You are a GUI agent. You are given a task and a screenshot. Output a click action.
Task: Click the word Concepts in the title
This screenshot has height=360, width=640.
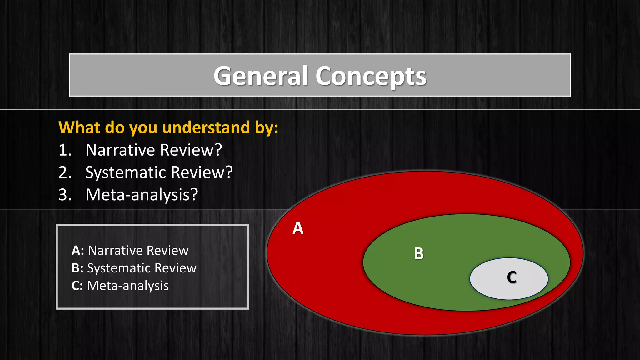pos(371,77)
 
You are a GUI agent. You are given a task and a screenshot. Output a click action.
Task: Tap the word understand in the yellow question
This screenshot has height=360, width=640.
pos(206,127)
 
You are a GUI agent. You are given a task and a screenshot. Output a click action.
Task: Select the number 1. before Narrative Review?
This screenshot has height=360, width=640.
pos(65,150)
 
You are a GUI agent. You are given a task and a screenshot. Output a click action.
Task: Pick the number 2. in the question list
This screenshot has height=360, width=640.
pos(65,172)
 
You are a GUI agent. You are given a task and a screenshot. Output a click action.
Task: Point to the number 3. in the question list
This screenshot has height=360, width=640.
pos(65,195)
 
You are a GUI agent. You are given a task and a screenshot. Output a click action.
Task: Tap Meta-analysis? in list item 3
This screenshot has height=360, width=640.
pos(142,195)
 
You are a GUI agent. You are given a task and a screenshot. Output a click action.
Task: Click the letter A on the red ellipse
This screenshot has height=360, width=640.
pos(298,228)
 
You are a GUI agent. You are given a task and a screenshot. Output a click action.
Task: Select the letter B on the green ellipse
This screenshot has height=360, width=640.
pos(419,253)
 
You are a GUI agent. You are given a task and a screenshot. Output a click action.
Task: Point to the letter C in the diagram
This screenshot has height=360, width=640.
pos(512,277)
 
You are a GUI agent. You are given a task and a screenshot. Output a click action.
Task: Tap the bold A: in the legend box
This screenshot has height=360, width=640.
pos(78,251)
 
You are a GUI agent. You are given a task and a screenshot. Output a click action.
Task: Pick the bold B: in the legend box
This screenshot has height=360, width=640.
pos(77,268)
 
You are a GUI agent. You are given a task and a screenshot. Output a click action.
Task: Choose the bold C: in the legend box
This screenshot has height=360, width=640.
pos(77,286)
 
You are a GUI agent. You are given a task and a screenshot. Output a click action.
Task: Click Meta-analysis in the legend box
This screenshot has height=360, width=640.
pos(128,286)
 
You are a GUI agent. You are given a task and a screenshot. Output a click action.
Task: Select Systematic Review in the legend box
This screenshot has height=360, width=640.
pos(142,268)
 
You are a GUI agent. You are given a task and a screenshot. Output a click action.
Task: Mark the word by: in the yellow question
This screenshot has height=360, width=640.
pos(267,127)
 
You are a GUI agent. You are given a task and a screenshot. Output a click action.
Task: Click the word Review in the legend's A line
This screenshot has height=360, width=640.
pos(167,251)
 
